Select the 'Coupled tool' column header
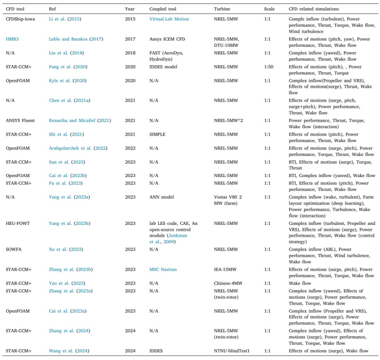point(162,9)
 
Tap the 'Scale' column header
point(270,9)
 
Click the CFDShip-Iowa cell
point(20,19)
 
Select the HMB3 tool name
point(12,39)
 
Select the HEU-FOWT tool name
point(19,223)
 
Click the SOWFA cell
point(13,250)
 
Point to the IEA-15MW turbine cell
point(226,269)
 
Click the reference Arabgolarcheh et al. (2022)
point(78,147)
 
